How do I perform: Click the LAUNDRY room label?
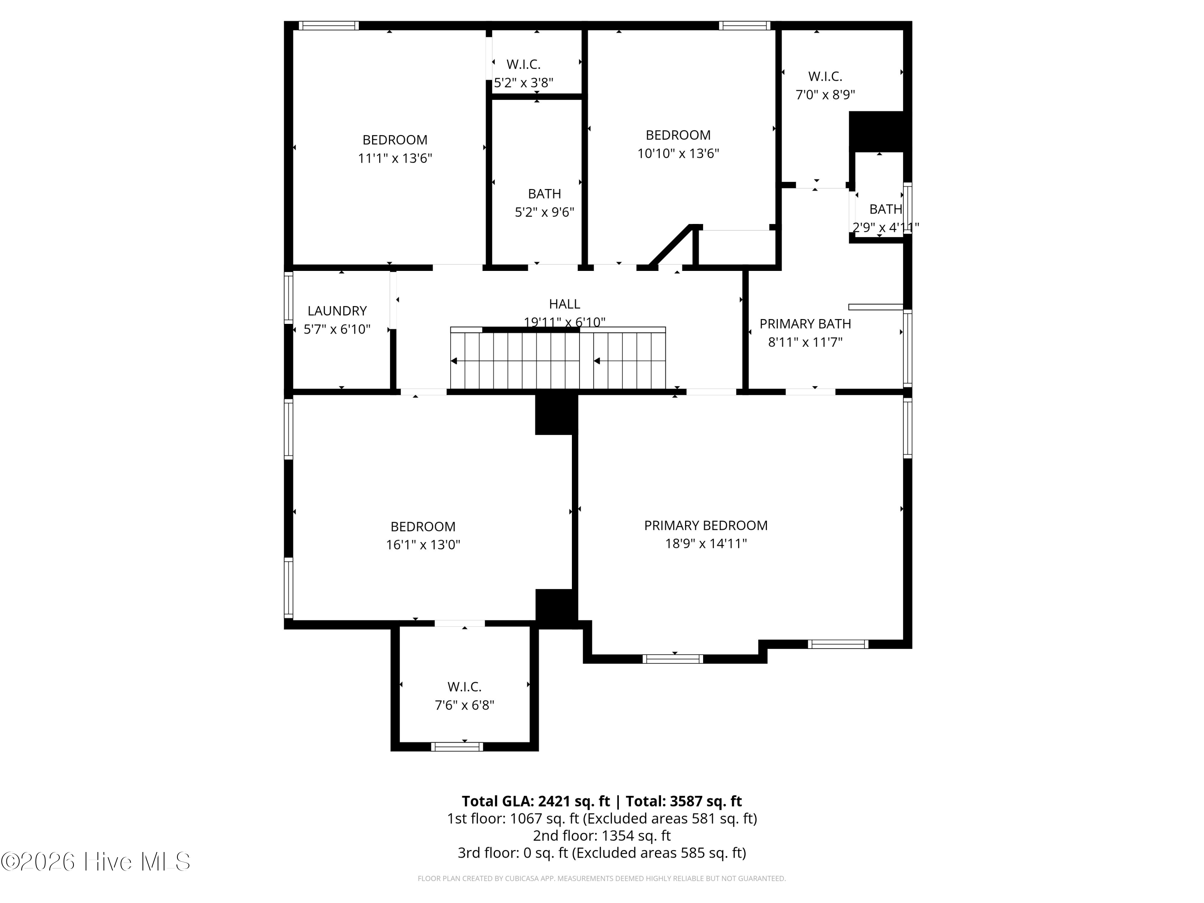[337, 311]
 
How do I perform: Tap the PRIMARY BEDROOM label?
[706, 525]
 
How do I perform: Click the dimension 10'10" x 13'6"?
[678, 153]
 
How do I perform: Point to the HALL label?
[564, 304]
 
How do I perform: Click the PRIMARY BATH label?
[805, 324]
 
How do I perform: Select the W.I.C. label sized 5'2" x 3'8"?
[523, 64]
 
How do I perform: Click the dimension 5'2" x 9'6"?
[544, 212]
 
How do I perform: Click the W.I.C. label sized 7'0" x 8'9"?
[825, 77]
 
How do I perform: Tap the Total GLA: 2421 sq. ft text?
[536, 801]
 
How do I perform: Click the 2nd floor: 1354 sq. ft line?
[602, 836]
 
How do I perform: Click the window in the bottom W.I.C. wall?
[457, 747]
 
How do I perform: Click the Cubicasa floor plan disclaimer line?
[602, 879]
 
